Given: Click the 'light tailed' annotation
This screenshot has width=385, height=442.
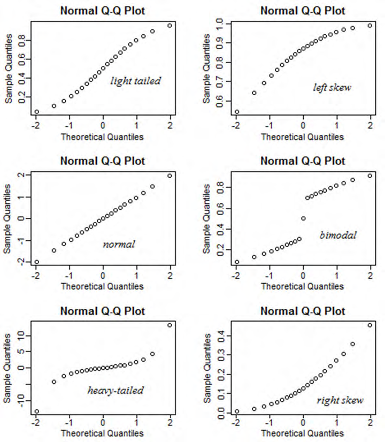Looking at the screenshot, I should tap(135, 81).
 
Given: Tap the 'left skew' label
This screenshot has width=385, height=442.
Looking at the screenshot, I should tap(332, 87).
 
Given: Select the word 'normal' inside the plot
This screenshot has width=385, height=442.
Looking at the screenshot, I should tap(119, 244).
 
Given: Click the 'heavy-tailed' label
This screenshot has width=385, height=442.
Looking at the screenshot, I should tap(115, 390).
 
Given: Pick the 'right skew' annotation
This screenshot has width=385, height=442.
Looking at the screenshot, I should tap(340, 400).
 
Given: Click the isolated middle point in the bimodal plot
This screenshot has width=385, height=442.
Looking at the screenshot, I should tap(303, 218).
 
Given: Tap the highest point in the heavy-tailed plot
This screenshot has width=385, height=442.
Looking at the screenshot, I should tap(170, 325).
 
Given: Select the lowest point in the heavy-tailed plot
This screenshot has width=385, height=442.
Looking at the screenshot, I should tap(36, 411).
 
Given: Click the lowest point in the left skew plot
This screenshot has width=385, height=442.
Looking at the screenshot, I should tap(237, 112).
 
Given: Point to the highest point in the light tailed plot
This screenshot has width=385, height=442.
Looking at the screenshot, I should tap(170, 25).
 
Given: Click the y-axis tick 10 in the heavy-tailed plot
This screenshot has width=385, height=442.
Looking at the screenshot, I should tap(22, 336).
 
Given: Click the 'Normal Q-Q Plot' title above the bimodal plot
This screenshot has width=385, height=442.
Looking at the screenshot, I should tap(302, 161).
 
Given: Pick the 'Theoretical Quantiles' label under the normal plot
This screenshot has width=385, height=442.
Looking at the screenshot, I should tap(102, 286).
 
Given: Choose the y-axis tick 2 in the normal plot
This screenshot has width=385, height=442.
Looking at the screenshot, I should tap(22, 176).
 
